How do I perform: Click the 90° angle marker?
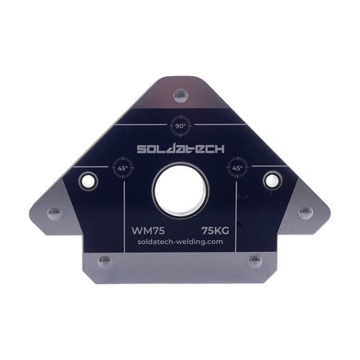point(179,126)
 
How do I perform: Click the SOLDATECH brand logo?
point(179,149)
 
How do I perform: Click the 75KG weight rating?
point(215,228)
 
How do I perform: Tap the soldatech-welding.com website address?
point(179,242)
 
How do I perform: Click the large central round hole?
point(179,190)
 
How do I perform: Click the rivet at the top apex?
point(179,94)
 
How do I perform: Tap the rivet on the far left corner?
point(54,212)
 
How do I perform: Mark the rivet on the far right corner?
point(305,212)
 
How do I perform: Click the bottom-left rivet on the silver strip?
point(103,261)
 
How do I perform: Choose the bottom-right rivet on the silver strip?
point(255,261)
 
